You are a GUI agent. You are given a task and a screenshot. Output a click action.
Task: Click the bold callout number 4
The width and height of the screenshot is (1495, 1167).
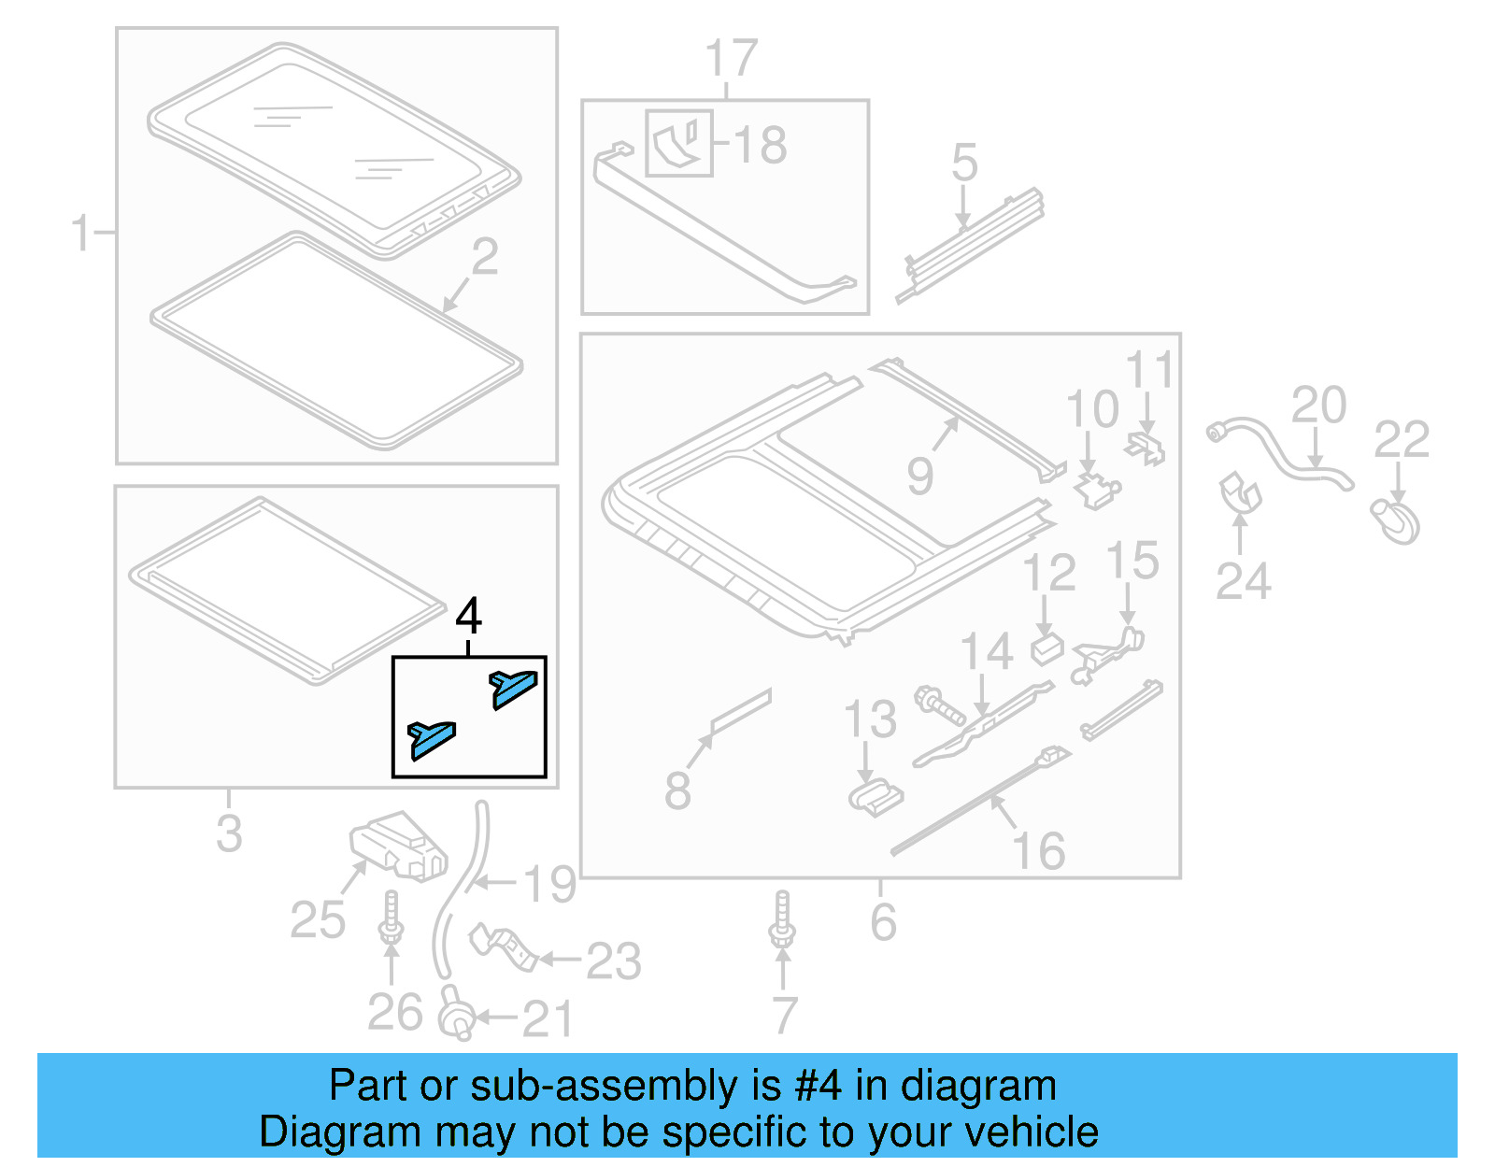[468, 617]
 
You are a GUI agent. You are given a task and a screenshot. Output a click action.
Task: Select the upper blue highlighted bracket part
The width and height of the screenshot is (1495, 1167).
[513, 688]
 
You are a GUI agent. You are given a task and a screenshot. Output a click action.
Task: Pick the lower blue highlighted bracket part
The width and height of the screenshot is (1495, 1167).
[432, 738]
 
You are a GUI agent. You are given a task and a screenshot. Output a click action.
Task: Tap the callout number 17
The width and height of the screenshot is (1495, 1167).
[731, 59]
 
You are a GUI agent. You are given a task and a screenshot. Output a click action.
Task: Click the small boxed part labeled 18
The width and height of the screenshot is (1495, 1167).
[679, 143]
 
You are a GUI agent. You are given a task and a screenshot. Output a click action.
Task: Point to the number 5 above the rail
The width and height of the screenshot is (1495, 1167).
[964, 163]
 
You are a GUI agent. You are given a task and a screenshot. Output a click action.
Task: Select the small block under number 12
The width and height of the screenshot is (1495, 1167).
[1046, 648]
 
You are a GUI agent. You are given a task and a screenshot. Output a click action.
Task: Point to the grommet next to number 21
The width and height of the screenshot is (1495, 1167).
[457, 1017]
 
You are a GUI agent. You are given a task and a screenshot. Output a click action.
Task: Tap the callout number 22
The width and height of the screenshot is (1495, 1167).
[1401, 439]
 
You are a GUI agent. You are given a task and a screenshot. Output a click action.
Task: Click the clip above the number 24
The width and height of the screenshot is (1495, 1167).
[1240, 494]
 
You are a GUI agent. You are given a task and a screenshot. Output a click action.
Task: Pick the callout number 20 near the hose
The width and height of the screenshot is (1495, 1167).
[1318, 406]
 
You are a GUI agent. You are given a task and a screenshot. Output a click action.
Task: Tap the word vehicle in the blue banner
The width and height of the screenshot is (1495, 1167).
[1030, 1132]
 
